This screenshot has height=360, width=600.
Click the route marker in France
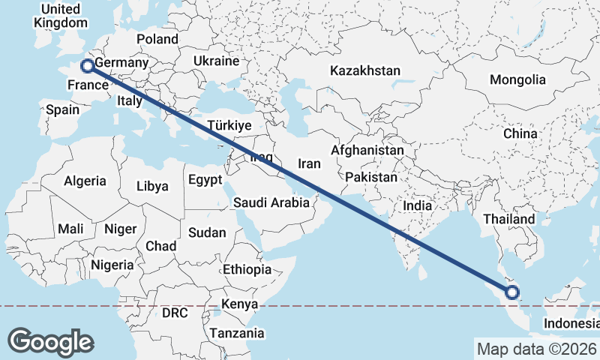tap(87, 66)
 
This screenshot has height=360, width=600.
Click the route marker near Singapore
tap(513, 292)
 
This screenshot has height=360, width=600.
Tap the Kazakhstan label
tap(365, 70)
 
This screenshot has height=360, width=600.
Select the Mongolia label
tap(517, 79)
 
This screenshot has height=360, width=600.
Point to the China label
tap(520, 133)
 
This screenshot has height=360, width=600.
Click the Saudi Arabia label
tap(271, 202)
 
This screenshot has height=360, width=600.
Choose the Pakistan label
tap(371, 178)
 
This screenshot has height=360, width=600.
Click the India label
tap(417, 205)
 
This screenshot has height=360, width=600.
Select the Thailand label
tap(509, 219)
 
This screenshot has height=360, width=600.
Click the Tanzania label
tap(237, 333)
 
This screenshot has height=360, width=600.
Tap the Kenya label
tap(239, 304)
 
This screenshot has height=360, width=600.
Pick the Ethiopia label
tap(247, 269)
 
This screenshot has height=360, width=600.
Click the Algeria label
tap(85, 181)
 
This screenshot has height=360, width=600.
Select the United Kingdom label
tap(61, 16)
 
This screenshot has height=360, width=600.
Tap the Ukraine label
tap(216, 61)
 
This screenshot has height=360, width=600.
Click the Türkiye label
tap(229, 125)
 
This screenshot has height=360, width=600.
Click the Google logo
tap(50, 341)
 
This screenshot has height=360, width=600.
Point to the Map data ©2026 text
tap(536, 349)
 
